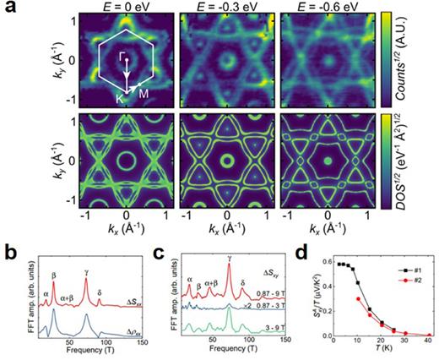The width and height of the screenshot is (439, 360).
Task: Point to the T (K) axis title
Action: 377,352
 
